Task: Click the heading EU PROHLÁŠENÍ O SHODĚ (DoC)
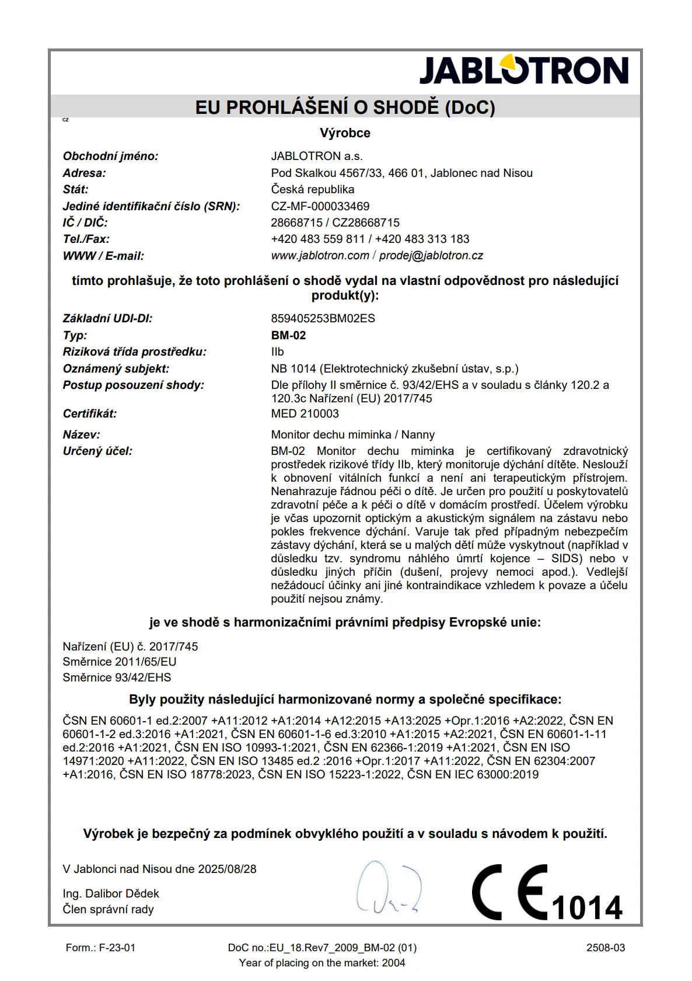tap(345, 107)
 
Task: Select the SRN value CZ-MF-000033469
tap(320, 206)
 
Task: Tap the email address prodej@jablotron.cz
tap(431, 256)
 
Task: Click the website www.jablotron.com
tap(320, 256)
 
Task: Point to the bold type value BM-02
tap(288, 335)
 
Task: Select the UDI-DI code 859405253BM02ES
tap(323, 319)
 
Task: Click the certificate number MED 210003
tap(305, 413)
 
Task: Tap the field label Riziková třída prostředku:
tap(134, 352)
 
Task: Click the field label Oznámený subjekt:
tap(116, 368)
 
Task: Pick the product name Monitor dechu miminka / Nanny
tap(352, 434)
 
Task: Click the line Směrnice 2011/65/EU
tap(119, 662)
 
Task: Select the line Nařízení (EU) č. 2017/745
tap(130, 646)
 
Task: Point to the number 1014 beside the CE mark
tap(586, 907)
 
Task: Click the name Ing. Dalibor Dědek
tap(111, 893)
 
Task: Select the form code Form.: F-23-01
tap(100, 948)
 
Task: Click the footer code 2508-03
tap(606, 948)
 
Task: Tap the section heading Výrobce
tap(345, 133)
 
